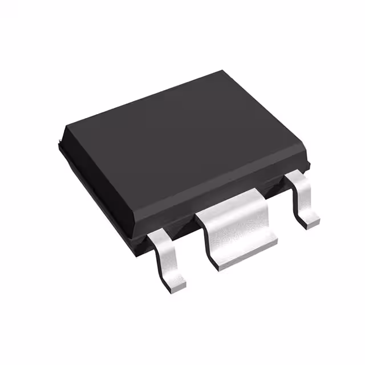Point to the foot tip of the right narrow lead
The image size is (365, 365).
[311, 218]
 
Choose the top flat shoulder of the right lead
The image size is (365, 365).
[298, 179]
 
